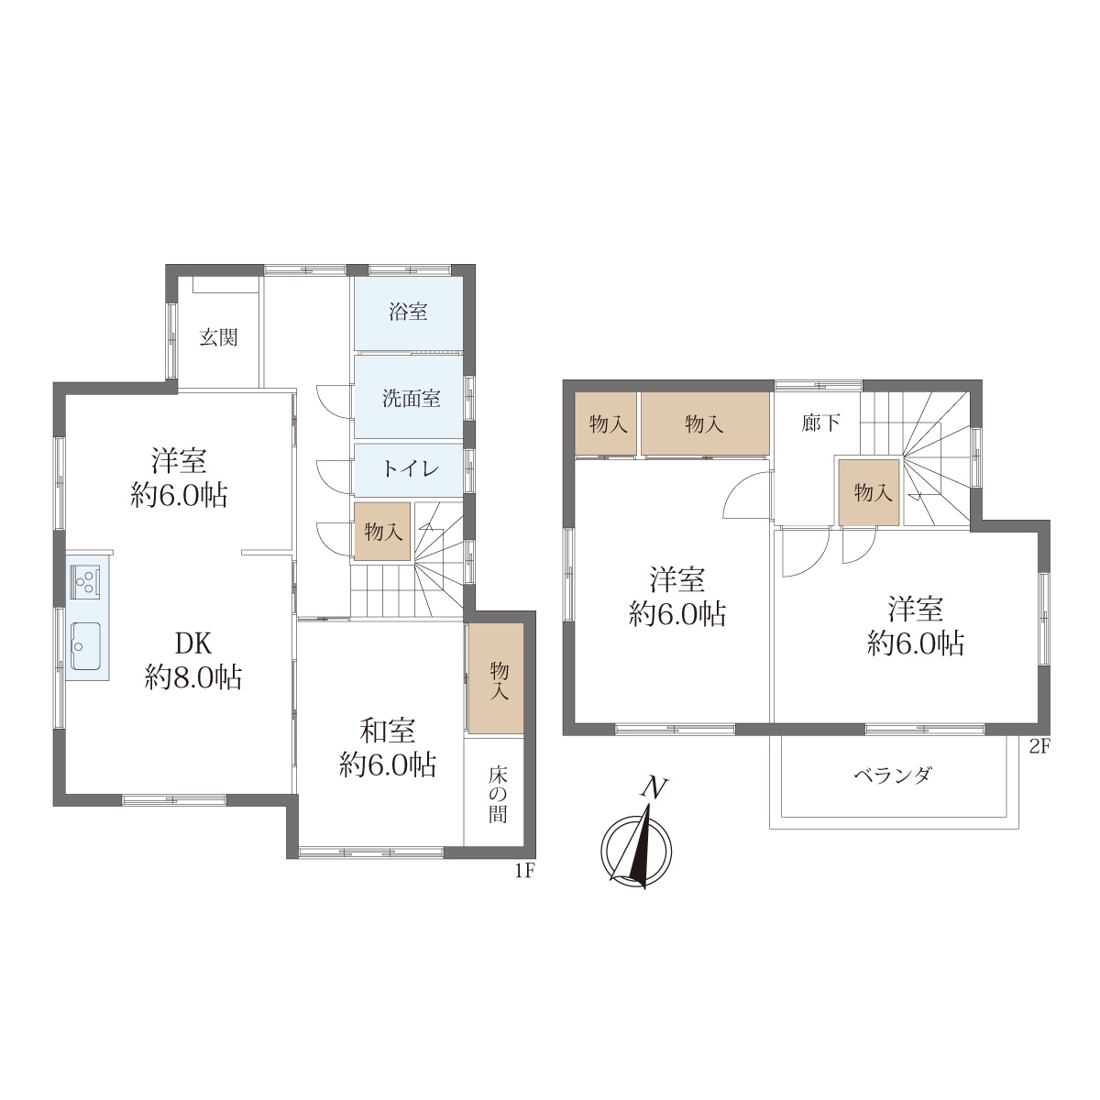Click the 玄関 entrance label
[x=219, y=338]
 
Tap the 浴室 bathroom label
[x=408, y=313]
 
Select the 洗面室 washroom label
[x=411, y=399]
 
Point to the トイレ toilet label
[x=411, y=469]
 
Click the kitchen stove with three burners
[x=85, y=580]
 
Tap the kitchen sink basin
[x=85, y=646]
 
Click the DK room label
[x=192, y=643]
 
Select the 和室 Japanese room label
[x=388, y=731]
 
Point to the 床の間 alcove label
[x=498, y=794]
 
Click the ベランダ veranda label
[x=894, y=775]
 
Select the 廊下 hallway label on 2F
[x=820, y=423]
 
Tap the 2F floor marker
[x=1040, y=747]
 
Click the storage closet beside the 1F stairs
[x=382, y=532]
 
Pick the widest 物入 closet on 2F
[x=704, y=423]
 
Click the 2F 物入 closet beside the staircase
[x=869, y=492]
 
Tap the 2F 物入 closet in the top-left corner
[x=606, y=423]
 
